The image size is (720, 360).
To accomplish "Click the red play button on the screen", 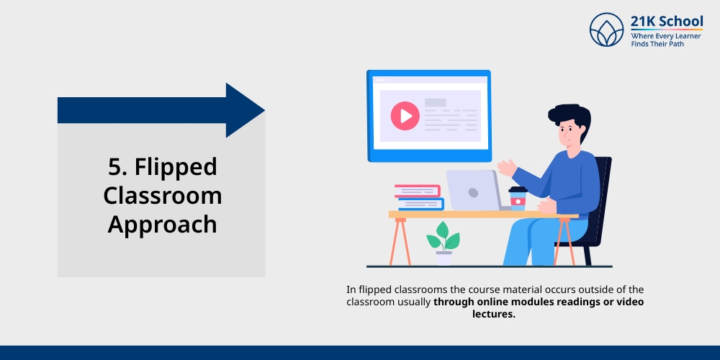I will [x=405, y=115].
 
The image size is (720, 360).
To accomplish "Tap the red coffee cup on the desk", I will [x=518, y=198].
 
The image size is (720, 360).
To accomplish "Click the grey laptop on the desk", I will [x=472, y=190].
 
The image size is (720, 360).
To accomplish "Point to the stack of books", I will [x=419, y=197].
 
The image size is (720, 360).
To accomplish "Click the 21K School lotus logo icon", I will [x=606, y=30].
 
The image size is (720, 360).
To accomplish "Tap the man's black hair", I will [x=569, y=116].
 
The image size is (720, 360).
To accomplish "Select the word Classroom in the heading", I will [x=162, y=195].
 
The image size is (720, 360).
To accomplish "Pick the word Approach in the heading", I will [x=162, y=224].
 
